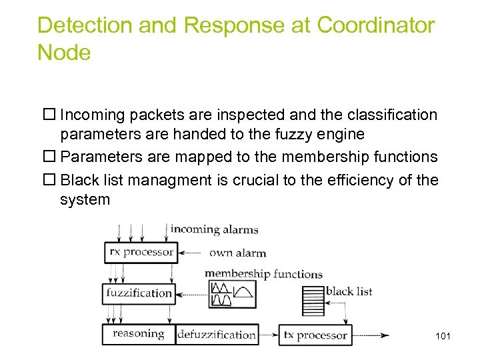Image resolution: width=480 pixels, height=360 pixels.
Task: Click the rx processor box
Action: (141, 252)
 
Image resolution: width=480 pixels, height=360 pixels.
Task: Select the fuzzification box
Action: (139, 293)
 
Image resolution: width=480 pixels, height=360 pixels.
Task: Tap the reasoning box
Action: (138, 334)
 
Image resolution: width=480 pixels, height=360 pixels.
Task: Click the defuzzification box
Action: (217, 335)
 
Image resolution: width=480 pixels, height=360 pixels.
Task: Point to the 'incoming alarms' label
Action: (214, 229)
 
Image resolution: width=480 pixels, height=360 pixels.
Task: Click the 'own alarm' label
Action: (237, 253)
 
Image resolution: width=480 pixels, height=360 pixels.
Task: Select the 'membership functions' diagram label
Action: (263, 273)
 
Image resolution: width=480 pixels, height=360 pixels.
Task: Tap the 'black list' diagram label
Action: (349, 291)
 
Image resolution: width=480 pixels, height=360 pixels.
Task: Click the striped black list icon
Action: (313, 300)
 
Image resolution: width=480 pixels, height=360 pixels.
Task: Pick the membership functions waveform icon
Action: (231, 294)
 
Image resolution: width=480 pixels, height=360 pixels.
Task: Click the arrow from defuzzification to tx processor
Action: (268, 335)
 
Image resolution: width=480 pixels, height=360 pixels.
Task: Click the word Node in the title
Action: (64, 52)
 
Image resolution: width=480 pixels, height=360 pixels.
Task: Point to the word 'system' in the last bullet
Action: (85, 199)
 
